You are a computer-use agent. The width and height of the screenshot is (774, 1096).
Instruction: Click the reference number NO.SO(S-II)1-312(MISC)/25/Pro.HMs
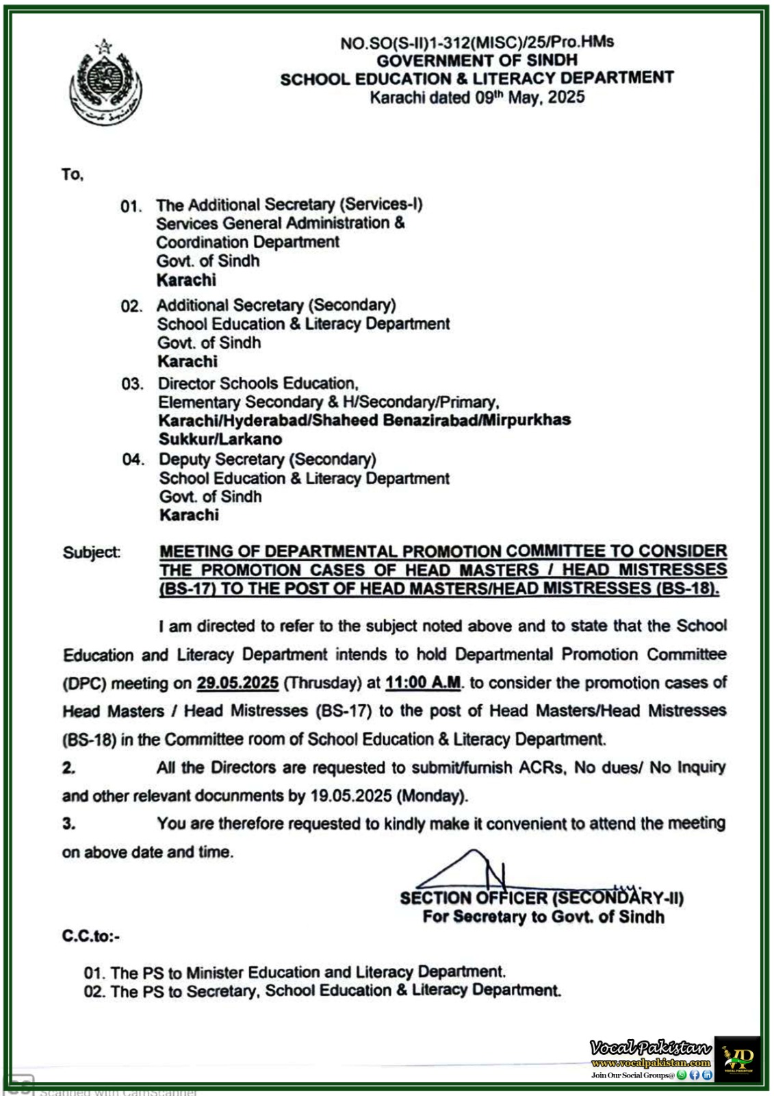click(x=476, y=42)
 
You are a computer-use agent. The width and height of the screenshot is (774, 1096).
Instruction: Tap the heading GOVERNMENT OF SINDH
click(x=476, y=60)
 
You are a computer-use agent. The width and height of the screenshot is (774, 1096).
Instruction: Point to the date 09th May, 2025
click(x=530, y=97)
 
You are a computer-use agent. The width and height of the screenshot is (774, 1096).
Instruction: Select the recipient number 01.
click(x=131, y=206)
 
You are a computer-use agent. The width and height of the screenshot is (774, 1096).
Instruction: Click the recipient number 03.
click(x=132, y=384)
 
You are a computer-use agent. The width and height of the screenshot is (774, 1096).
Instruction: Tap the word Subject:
click(x=91, y=552)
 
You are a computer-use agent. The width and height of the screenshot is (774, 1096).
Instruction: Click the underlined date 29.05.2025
click(x=237, y=683)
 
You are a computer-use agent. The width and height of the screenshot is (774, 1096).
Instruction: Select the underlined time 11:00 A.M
click(x=423, y=683)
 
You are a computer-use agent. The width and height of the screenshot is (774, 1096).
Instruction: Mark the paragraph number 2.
click(x=68, y=768)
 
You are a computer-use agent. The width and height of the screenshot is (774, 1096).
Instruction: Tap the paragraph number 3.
click(x=68, y=824)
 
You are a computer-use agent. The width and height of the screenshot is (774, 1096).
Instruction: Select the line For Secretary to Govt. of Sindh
click(x=543, y=917)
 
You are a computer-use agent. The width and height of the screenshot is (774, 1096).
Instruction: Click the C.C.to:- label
click(x=90, y=936)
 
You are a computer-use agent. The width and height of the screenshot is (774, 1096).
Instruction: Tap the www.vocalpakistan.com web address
click(x=651, y=1062)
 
